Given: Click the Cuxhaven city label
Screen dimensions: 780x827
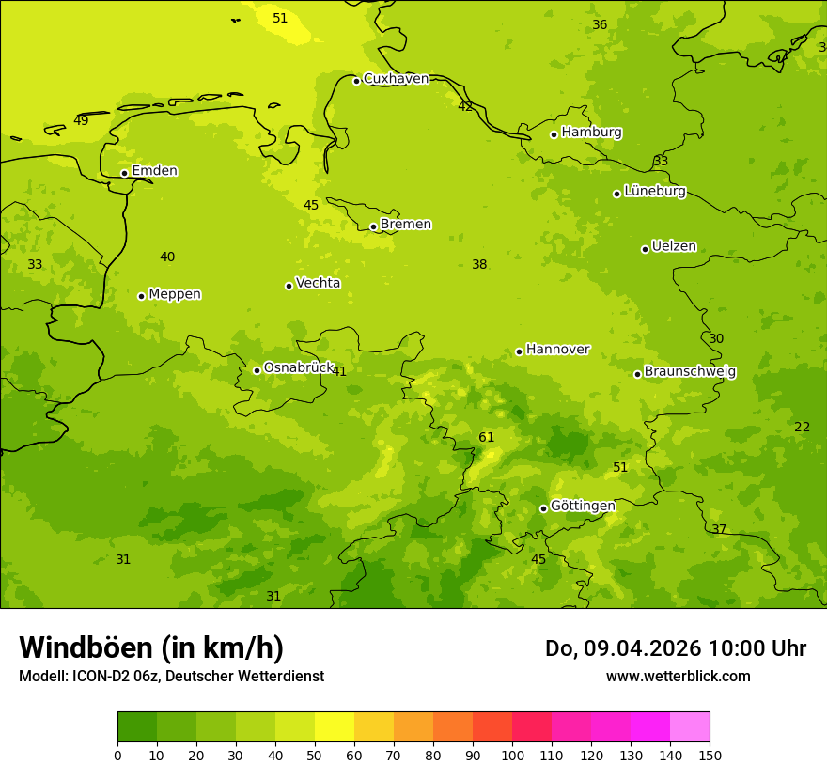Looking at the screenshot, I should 396,79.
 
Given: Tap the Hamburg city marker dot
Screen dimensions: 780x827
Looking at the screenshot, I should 554,134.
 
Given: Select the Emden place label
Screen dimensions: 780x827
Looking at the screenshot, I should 154,171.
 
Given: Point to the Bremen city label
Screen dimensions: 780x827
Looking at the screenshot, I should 405,225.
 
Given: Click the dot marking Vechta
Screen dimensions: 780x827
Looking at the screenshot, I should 289,286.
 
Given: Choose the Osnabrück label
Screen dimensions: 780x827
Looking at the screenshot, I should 298,368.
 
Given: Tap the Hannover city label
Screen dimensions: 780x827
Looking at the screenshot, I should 557,350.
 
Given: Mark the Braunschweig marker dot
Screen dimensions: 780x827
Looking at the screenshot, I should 637,374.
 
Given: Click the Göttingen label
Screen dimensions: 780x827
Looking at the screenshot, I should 583,507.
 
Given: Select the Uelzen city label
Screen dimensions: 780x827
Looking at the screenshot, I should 674,247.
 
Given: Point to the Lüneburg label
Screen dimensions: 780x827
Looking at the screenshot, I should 654,192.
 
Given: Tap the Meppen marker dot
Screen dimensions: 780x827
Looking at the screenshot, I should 141,296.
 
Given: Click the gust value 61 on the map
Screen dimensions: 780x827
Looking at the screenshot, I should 486,438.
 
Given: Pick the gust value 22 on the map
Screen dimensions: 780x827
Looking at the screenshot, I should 802,428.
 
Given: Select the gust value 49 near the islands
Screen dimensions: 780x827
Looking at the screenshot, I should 81,121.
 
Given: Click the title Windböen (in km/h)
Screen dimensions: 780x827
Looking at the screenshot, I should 151,647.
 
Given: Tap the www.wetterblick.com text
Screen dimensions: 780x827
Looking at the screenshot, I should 678,677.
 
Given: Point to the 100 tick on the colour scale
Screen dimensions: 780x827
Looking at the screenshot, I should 512,755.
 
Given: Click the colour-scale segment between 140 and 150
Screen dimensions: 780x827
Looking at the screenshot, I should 690,727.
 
